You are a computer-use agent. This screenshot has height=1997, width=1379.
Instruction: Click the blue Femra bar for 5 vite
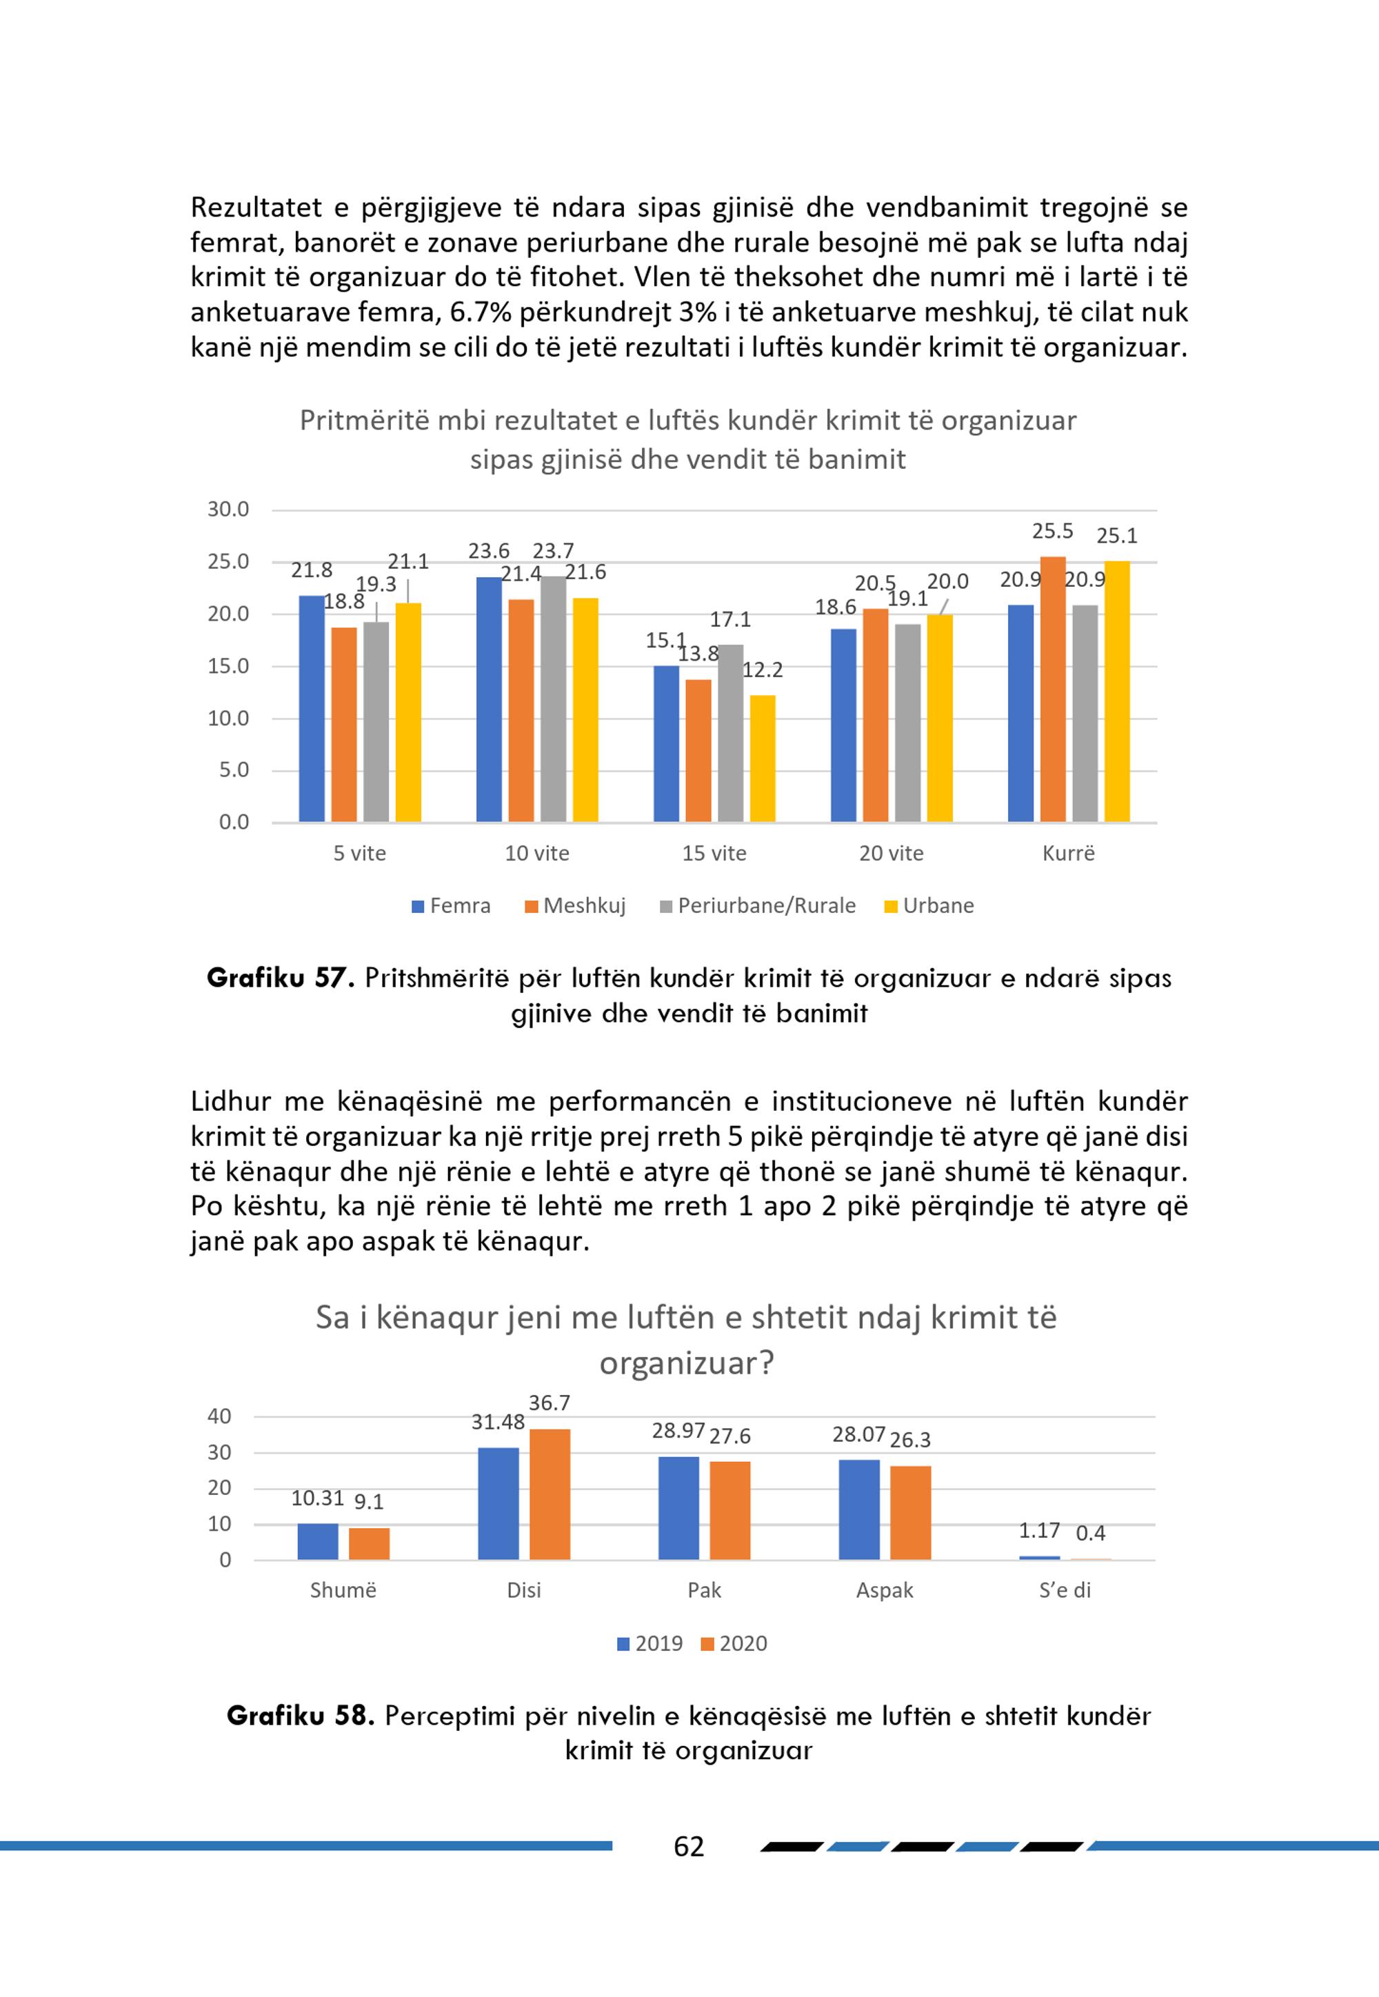click(312, 709)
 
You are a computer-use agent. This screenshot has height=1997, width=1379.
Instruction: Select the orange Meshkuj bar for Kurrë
click(1052, 690)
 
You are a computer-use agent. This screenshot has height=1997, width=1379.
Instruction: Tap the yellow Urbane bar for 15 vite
click(762, 759)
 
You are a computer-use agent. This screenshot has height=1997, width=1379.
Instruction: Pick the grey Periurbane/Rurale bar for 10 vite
click(553, 699)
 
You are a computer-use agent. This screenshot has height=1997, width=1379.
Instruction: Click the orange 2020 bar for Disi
click(550, 1494)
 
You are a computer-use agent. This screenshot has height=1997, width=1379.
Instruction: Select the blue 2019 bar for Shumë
click(318, 1542)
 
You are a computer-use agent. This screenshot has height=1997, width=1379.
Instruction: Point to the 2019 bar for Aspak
click(859, 1509)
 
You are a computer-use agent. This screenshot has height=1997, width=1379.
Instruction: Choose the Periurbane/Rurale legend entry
click(758, 905)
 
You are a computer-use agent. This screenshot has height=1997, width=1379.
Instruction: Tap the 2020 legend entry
click(734, 1643)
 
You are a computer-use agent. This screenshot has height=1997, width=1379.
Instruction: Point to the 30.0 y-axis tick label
click(228, 510)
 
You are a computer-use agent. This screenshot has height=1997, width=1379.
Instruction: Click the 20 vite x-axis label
click(891, 854)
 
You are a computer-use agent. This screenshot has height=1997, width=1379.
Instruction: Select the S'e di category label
click(1065, 1591)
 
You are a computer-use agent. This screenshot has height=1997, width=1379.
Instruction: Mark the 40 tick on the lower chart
click(219, 1416)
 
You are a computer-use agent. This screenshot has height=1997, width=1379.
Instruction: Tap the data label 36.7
click(550, 1403)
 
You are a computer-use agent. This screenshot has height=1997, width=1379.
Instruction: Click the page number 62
click(689, 1847)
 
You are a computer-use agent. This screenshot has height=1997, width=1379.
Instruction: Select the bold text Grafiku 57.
click(281, 979)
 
